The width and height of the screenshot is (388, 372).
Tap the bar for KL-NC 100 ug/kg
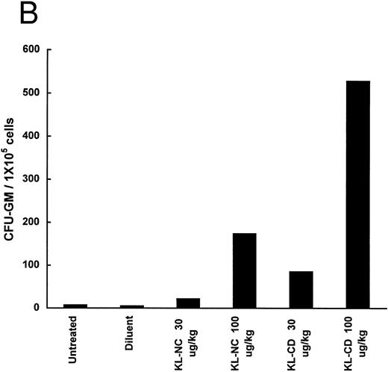[x=245, y=270]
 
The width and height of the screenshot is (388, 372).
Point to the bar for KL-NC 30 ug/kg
[x=188, y=303]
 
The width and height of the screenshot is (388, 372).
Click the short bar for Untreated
[x=75, y=306]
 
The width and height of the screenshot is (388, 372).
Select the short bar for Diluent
[x=131, y=306]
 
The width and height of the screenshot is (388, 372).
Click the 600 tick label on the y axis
[x=32, y=50]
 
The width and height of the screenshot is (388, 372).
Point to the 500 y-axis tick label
[x=32, y=93]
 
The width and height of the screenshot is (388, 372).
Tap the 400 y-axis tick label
[x=32, y=136]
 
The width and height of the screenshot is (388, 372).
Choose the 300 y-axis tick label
[x=32, y=179]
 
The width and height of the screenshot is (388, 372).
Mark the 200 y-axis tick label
[x=32, y=222]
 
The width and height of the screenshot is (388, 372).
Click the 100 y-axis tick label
[x=32, y=265]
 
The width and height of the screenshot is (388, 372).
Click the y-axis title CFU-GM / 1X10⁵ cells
[x=11, y=179]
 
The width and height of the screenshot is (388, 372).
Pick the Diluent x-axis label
[x=131, y=335]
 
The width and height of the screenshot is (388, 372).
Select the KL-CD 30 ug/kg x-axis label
[x=302, y=340]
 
